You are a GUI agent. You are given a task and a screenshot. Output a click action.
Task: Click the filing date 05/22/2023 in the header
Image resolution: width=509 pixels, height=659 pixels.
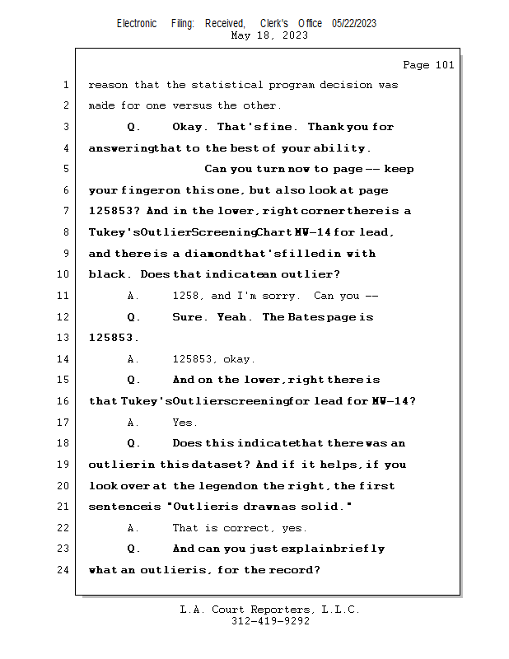[354, 24]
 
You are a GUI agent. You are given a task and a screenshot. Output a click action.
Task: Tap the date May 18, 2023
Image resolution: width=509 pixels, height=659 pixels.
[270, 35]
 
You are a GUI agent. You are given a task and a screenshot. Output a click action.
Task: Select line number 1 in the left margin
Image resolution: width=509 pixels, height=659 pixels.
[66, 85]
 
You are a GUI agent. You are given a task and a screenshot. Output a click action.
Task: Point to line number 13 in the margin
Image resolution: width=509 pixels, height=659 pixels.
[63, 338]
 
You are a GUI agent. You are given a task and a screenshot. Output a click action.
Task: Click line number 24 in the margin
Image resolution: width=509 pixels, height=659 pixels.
[63, 569]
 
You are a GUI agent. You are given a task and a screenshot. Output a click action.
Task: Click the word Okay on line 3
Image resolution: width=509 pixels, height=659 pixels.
[191, 127]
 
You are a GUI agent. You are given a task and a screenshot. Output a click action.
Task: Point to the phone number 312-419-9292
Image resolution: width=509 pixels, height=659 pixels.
[270, 621]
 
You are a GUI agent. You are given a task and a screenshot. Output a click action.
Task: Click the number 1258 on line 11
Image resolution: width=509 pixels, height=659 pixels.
[188, 296]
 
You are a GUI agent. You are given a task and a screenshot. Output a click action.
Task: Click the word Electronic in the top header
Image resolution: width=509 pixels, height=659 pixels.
[137, 24]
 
